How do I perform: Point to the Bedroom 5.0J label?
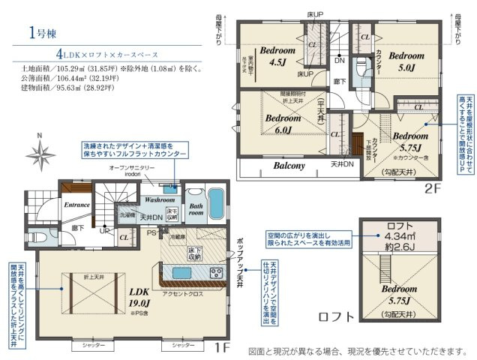pos(406,59)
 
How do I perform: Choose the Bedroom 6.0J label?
pos(282,123)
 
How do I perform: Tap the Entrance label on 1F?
pos(77,203)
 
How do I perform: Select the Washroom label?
pos(160,200)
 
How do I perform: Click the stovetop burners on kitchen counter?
pos(215,271)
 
